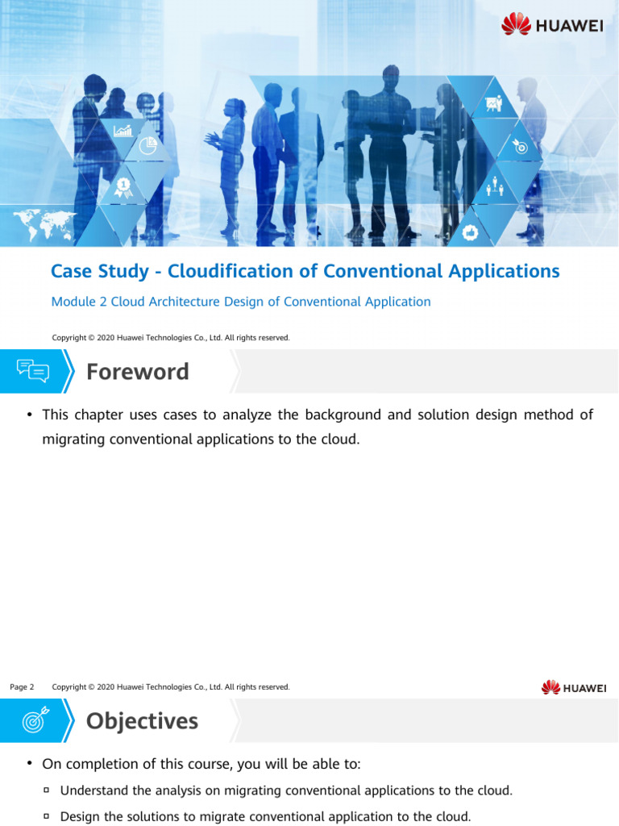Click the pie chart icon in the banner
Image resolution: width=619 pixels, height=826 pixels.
[147, 146]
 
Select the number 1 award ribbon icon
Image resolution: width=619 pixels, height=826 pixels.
[123, 188]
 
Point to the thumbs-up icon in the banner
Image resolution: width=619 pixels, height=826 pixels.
[472, 232]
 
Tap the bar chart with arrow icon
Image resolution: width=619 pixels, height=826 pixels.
[123, 129]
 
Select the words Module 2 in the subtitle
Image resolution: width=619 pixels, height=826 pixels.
[79, 302]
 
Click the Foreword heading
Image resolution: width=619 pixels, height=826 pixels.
[137, 372]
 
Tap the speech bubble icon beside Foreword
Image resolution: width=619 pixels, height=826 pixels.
[33, 372]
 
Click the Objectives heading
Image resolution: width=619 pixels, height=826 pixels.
[142, 720]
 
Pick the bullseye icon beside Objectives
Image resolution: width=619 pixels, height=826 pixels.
[33, 720]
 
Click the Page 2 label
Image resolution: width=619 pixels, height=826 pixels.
[22, 687]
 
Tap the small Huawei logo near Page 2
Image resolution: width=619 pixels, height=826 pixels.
[573, 687]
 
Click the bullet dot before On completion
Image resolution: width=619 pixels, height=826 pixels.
[29, 763]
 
